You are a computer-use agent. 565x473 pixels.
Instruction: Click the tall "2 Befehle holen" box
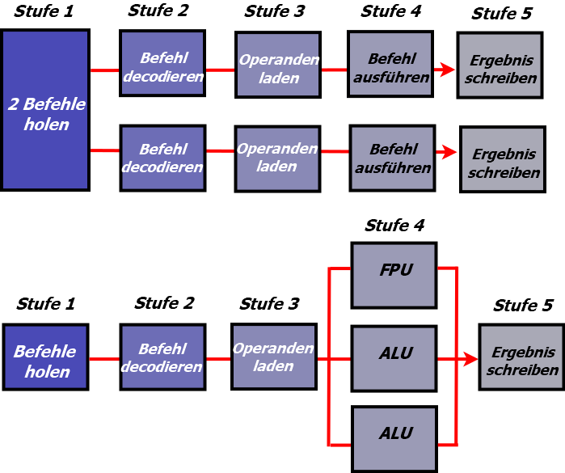(x=45, y=110)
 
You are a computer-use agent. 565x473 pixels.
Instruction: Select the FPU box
(x=394, y=276)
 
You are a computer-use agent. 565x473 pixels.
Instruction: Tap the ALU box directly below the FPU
(x=394, y=358)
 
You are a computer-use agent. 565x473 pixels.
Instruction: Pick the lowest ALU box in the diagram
(x=394, y=439)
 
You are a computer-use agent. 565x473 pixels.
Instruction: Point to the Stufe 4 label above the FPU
(x=394, y=226)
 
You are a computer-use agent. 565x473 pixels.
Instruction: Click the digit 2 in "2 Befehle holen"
(x=13, y=104)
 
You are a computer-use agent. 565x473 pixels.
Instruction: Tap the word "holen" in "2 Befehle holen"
(x=47, y=125)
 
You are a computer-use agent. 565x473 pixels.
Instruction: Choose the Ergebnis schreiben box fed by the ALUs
(x=522, y=357)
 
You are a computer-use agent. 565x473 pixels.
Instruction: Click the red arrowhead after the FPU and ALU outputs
(x=470, y=359)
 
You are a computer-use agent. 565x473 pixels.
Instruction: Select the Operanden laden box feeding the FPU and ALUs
(x=274, y=357)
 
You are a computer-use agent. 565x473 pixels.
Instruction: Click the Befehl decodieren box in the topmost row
(x=162, y=63)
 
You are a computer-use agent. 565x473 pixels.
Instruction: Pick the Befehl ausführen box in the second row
(x=392, y=158)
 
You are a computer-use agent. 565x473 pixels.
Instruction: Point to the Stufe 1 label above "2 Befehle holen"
(x=44, y=11)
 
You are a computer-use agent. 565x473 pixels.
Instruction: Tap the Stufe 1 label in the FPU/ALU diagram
(x=46, y=304)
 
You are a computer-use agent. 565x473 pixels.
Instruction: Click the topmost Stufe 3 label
(x=275, y=11)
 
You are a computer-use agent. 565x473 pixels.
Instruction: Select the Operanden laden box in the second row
(x=277, y=159)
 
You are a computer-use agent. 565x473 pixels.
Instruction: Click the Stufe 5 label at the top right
(x=502, y=14)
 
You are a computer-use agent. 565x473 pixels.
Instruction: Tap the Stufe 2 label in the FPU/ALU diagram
(x=164, y=303)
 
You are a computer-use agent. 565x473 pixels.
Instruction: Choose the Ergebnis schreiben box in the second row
(x=503, y=159)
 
